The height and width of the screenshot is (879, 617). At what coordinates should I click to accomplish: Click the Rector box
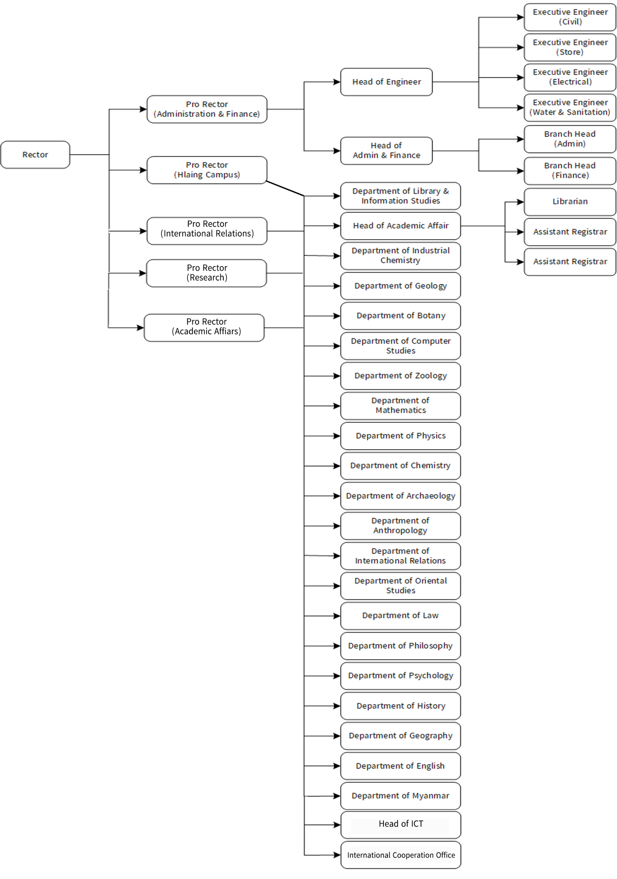(35, 155)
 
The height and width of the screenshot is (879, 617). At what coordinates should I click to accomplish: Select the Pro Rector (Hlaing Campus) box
(207, 170)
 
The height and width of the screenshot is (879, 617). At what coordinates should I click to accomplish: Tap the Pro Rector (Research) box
(206, 273)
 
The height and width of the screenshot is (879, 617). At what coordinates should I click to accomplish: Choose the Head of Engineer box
(386, 82)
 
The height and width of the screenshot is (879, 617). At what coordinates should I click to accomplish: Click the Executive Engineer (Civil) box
(570, 17)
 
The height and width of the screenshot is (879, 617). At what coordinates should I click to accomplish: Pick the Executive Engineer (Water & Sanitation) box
(570, 107)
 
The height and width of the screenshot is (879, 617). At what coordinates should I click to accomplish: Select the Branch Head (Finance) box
(570, 171)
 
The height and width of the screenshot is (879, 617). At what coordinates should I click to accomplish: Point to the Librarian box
(570, 202)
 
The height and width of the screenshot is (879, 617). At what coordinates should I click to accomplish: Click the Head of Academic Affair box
(401, 226)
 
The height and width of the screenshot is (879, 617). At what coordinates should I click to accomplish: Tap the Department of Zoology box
(401, 376)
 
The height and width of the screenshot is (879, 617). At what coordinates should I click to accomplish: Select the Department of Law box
(401, 616)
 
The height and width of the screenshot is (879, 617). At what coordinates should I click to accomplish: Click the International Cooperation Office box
(401, 855)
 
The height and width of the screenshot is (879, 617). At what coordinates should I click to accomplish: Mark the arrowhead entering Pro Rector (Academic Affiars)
(140, 328)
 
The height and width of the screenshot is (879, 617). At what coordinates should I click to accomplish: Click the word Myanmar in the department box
(430, 796)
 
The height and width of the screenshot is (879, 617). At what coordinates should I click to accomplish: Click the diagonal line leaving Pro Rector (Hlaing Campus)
(285, 189)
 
